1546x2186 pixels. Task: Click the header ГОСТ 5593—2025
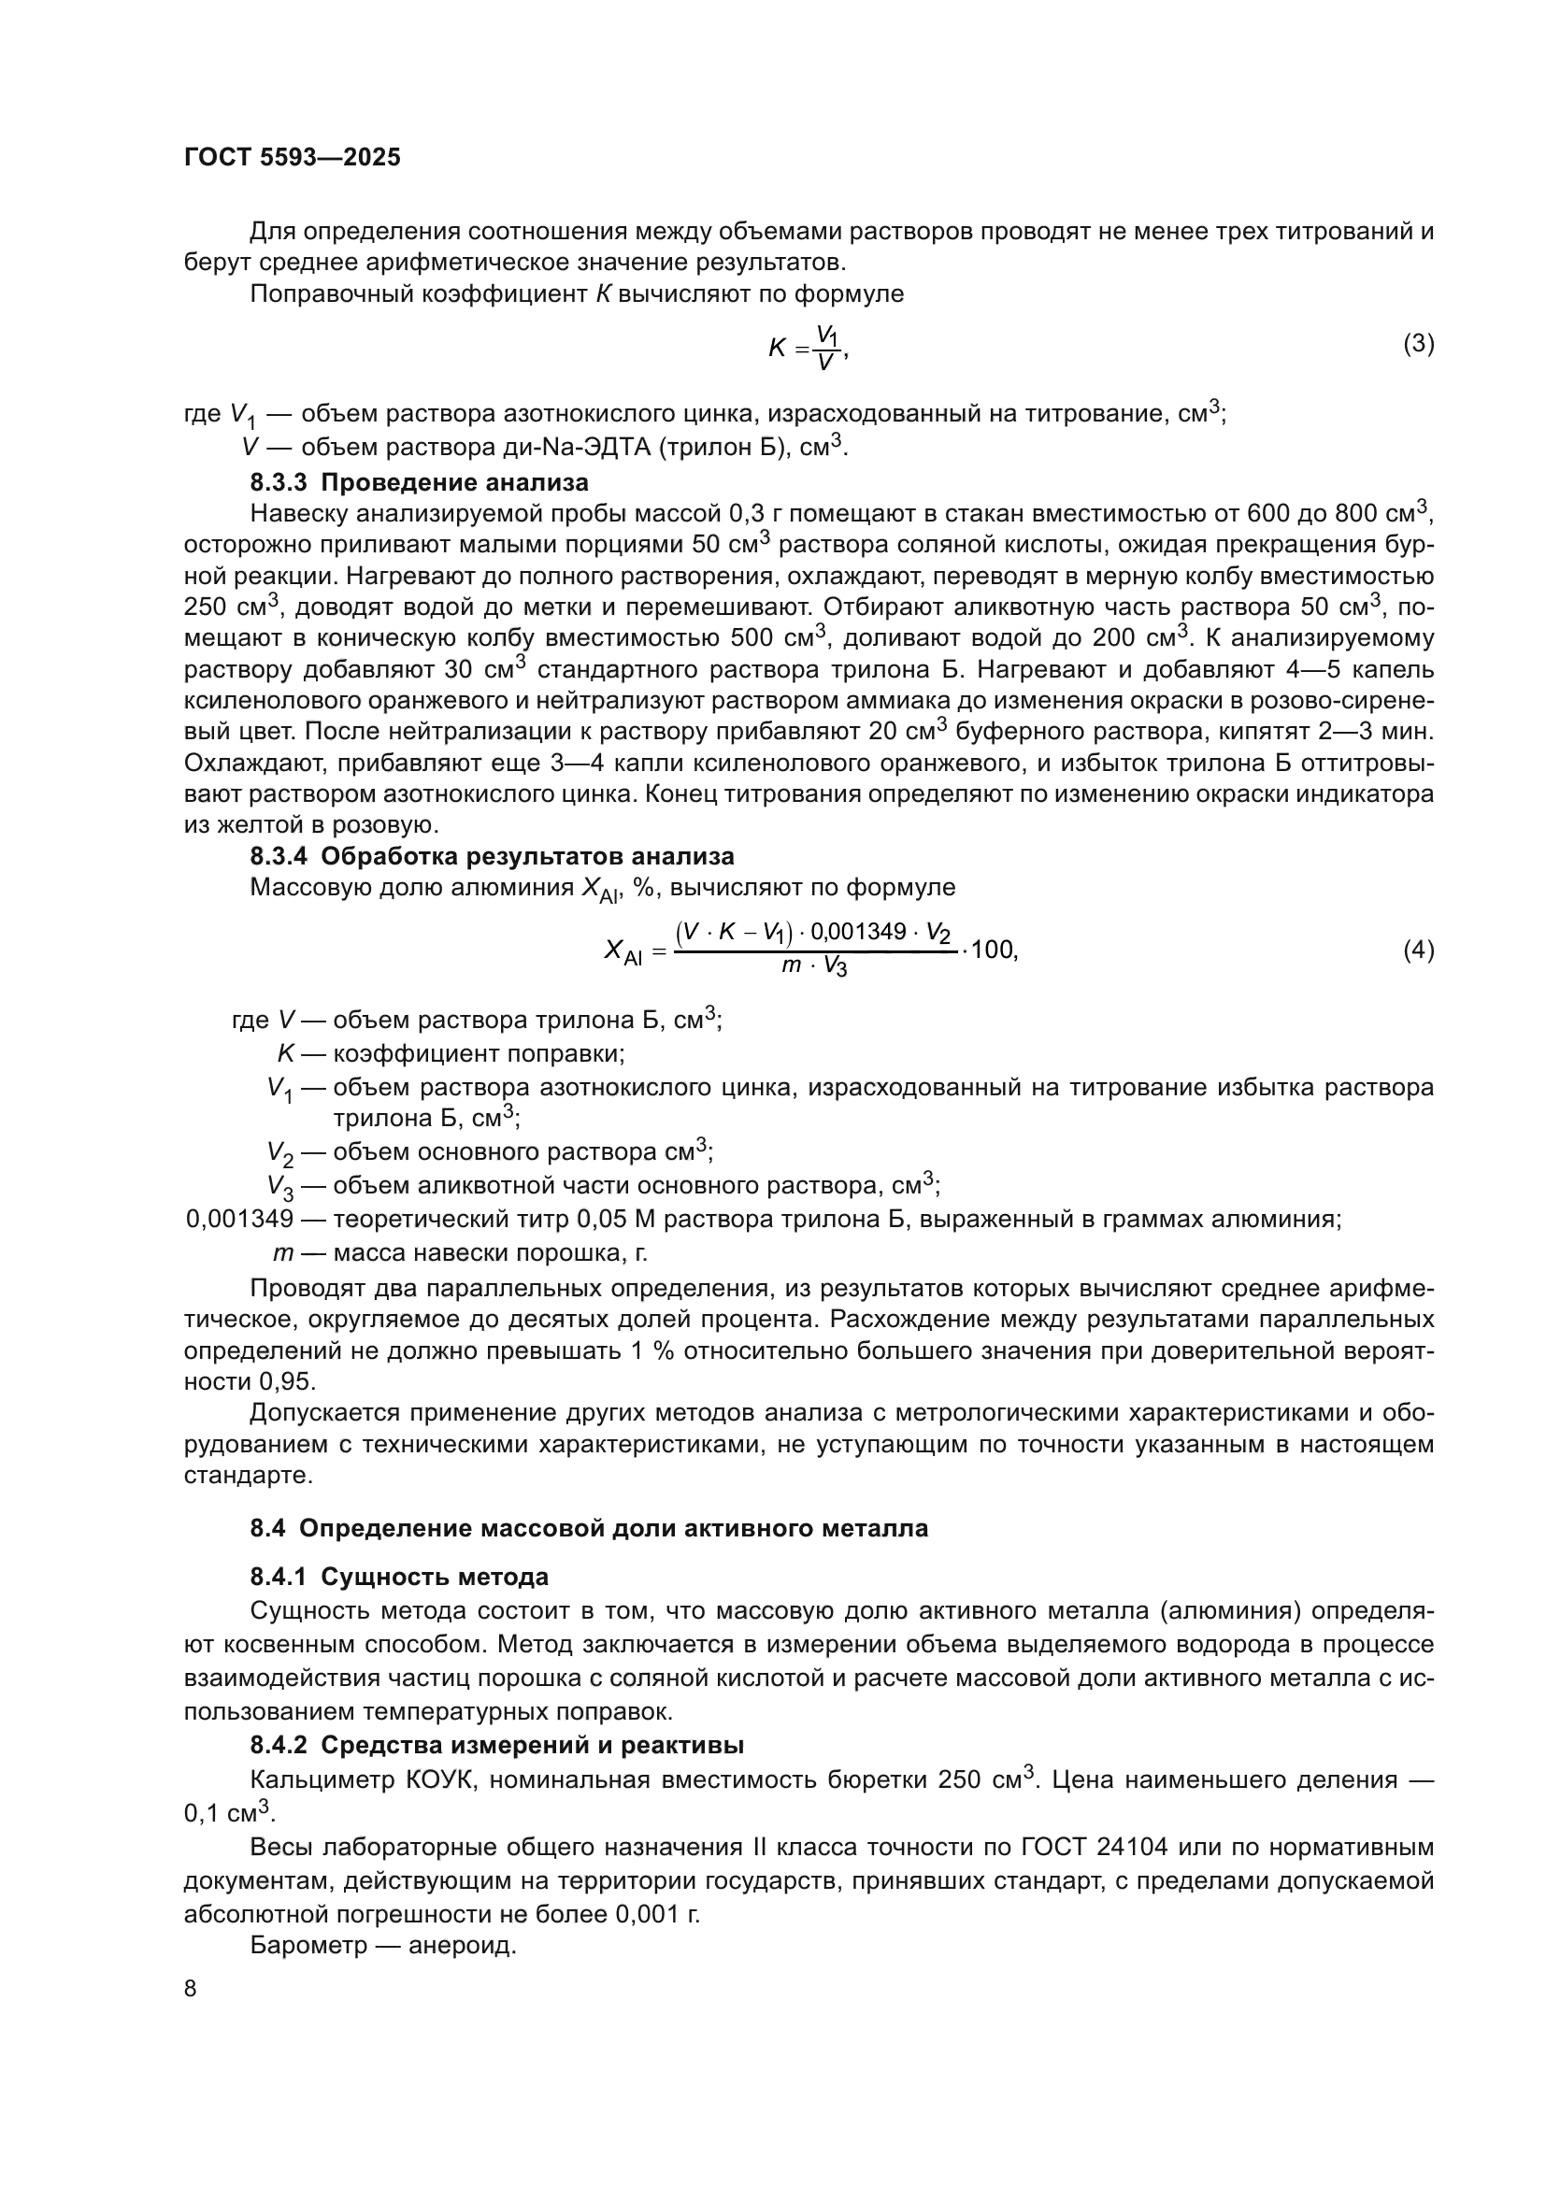click(293, 158)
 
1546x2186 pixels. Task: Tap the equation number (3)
click(1418, 344)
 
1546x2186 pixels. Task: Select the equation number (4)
click(1418, 950)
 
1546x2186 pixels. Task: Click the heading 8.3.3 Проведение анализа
click(419, 481)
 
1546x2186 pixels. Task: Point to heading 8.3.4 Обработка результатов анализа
click(493, 856)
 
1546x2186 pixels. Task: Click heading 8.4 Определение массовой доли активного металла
click(588, 1529)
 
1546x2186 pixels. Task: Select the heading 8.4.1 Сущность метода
click(399, 1578)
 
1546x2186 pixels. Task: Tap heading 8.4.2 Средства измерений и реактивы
click(497, 1745)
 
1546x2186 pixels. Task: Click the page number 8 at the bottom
click(191, 1989)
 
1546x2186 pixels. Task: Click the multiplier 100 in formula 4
click(993, 950)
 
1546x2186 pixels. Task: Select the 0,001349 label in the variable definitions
click(240, 1220)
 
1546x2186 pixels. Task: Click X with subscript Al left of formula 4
click(623, 951)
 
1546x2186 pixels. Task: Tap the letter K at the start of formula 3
click(777, 349)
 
